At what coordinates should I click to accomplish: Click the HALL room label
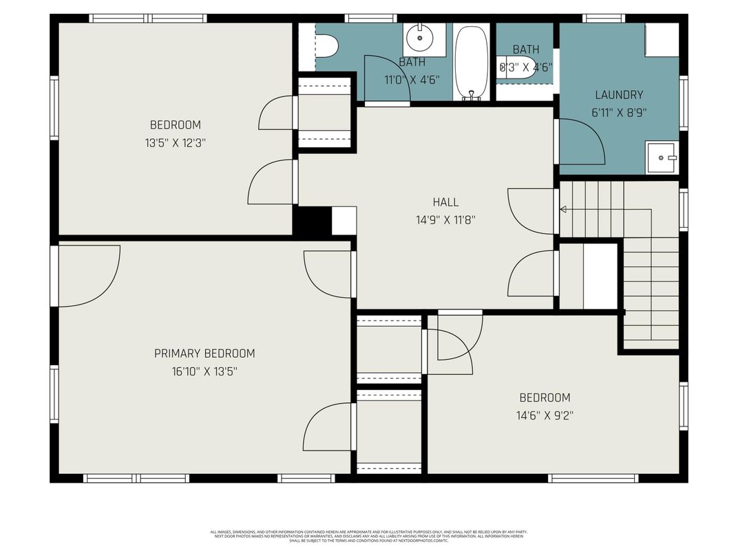[x=445, y=202]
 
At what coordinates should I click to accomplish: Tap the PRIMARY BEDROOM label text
[x=204, y=354]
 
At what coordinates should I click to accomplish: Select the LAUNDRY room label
[x=619, y=95]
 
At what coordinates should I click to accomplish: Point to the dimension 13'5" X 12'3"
[x=176, y=143]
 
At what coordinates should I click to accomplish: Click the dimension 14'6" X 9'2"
[x=545, y=415]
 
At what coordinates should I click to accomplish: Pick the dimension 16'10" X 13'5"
[x=204, y=371]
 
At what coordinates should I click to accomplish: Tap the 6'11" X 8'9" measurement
[x=619, y=113]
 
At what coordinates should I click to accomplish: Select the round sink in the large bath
[x=417, y=39]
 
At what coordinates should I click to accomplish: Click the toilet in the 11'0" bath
[x=326, y=47]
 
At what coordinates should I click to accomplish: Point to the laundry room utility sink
[x=662, y=158]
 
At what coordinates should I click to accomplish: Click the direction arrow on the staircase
[x=562, y=209]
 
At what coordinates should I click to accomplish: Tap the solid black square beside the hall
[x=312, y=221]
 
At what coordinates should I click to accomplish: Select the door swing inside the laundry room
[x=582, y=141]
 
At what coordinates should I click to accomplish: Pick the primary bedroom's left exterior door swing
[x=88, y=275]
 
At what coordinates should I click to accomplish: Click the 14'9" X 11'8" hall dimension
[x=445, y=220]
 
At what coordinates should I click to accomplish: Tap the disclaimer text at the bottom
[x=369, y=536]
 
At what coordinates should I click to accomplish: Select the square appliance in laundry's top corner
[x=662, y=41]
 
